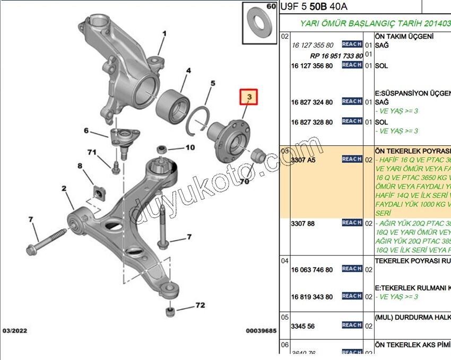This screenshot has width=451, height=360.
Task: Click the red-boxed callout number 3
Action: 248,97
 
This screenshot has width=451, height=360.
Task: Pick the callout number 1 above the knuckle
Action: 164,33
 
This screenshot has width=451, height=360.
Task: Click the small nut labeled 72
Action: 170,311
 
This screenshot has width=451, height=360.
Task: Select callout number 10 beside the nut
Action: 190,147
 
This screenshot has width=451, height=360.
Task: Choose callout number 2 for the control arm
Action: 64,188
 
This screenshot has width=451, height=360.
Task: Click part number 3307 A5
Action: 303,160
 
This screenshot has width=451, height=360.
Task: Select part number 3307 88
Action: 302,224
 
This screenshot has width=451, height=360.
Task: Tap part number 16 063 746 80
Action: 312,270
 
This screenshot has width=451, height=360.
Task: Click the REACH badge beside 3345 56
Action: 352,325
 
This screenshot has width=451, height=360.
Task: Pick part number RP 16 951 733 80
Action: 336,56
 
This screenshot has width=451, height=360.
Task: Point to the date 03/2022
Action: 15,331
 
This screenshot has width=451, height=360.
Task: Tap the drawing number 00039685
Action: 261,331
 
